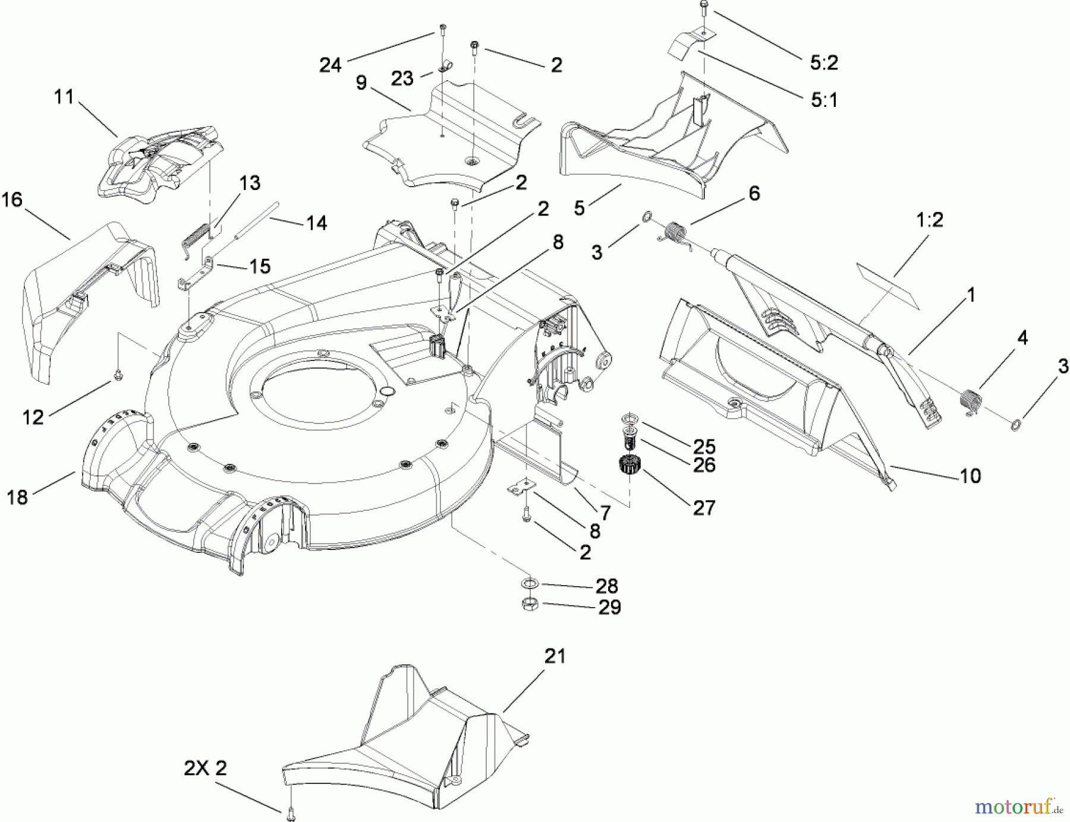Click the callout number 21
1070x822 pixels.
pyautogui.click(x=554, y=657)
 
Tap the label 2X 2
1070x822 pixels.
pyautogui.click(x=205, y=769)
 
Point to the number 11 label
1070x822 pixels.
pyautogui.click(x=64, y=96)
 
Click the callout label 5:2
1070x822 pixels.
pyautogui.click(x=823, y=62)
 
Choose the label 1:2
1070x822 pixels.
pyautogui.click(x=930, y=220)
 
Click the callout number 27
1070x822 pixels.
pyautogui.click(x=704, y=508)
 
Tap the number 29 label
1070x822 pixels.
pyautogui.click(x=609, y=607)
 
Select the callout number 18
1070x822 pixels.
pyautogui.click(x=17, y=497)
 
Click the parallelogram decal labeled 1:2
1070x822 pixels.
pyautogui.click(x=888, y=286)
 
